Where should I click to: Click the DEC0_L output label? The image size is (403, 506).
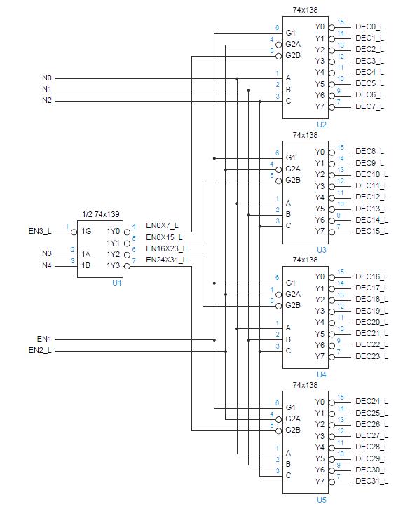[x=369, y=27]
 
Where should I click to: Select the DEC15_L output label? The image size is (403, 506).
[x=371, y=231]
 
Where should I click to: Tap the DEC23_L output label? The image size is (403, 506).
[x=371, y=356]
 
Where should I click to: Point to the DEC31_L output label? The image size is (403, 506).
[x=371, y=481]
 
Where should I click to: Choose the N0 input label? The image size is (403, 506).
[x=47, y=78]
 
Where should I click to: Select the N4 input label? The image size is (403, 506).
[x=47, y=265]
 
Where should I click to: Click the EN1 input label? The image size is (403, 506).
[x=44, y=339]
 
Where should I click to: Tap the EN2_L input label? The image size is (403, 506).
[x=40, y=350]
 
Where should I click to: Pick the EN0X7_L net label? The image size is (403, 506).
[x=162, y=225]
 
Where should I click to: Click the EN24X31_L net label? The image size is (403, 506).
[x=166, y=260]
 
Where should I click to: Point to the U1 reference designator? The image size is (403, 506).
[x=116, y=283]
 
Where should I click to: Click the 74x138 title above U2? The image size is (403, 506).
[x=305, y=10]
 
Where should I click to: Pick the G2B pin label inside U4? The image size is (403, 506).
[x=293, y=305]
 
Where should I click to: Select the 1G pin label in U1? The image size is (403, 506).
[x=86, y=231]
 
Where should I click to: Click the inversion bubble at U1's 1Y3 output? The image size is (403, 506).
[x=126, y=265]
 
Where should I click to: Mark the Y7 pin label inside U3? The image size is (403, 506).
[x=320, y=231]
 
